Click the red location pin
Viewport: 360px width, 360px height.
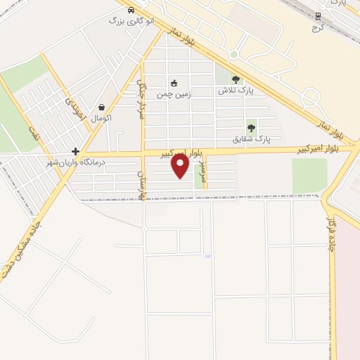point(180,165)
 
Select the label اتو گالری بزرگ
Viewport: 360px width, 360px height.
point(126,20)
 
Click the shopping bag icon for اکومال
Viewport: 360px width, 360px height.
point(103,108)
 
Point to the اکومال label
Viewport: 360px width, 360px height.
point(102,118)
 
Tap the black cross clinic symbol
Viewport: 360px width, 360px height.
point(75,151)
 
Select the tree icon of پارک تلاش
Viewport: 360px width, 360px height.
point(235,80)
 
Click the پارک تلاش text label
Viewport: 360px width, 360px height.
point(235,91)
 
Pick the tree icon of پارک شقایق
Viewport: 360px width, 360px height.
point(251,128)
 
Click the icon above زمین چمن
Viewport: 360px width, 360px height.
point(174,83)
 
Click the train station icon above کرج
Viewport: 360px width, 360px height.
point(319,15)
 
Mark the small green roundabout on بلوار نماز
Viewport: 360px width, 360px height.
point(234,54)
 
